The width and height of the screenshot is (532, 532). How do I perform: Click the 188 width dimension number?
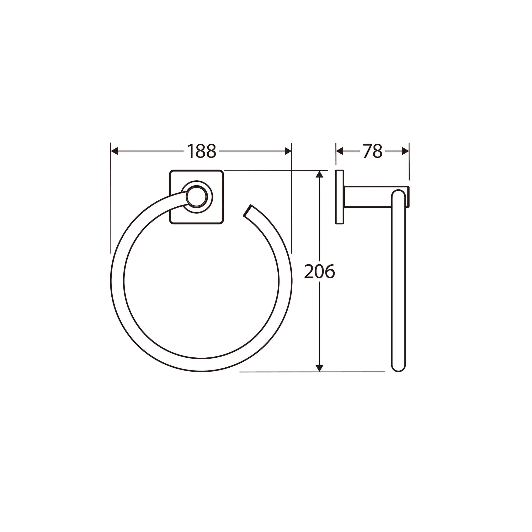point(202,151)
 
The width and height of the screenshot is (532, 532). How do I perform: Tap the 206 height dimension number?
point(319,271)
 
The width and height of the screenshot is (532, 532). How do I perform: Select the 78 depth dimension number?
point(373,151)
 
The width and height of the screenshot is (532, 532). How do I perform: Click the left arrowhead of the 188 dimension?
point(114,151)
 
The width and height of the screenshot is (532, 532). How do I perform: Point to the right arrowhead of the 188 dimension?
point(288,151)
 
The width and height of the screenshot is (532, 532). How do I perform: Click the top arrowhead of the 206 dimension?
point(319,174)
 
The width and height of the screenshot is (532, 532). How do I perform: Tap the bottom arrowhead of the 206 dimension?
point(319,368)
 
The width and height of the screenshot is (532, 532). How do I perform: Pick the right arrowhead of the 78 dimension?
point(406,151)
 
